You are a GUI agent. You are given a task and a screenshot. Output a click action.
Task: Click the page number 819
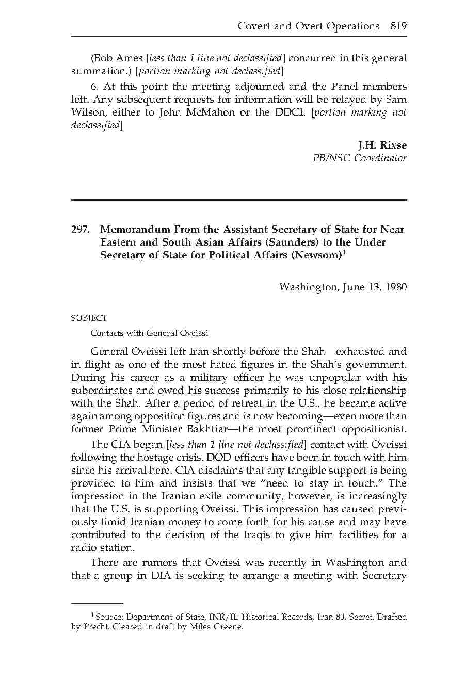(x=398, y=26)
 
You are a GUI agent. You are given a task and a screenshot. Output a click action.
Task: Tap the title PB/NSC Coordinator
(x=359, y=158)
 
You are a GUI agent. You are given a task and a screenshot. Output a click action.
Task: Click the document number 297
(x=81, y=230)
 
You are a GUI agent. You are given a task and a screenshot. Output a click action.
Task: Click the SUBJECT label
(x=89, y=318)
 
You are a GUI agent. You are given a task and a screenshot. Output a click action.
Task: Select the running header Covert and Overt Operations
(x=308, y=26)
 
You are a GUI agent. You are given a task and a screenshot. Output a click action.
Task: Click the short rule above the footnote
(x=97, y=603)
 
